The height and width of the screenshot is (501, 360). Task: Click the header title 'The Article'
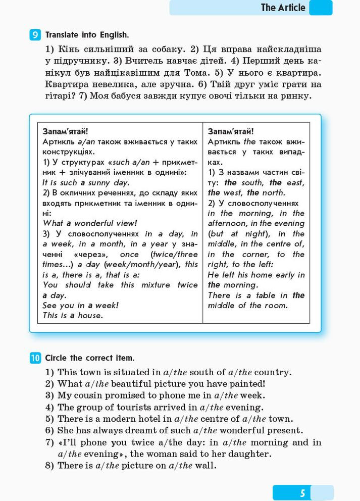pos(283,8)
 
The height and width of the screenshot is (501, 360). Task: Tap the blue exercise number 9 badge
pos(35,35)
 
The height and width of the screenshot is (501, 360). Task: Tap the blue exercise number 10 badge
pos(35,358)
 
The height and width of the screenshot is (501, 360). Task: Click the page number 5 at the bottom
pos(302,493)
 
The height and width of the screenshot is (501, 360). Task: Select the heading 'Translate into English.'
pos(87,35)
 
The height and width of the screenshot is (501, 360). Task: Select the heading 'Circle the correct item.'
pos(89,358)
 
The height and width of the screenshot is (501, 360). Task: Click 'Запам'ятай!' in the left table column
pos(65,131)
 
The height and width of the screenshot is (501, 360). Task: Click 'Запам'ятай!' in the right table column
pos(231,131)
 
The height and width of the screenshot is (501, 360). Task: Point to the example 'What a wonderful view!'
pos(89,223)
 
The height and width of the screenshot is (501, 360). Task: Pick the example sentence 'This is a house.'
pos(73,315)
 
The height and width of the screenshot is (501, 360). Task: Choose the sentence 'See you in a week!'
pos(80,305)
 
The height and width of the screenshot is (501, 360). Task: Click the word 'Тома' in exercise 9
pos(197,72)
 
